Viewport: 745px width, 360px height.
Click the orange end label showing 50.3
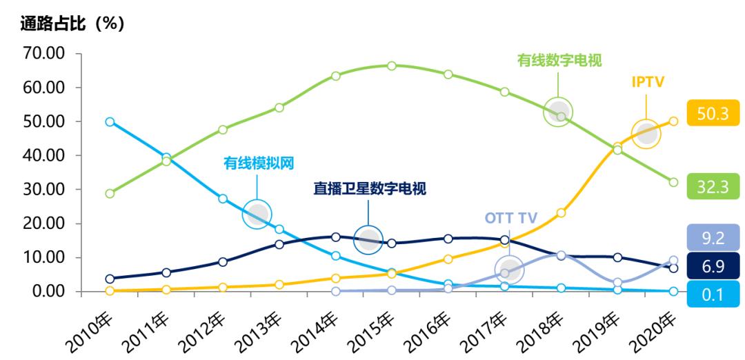point(713,113)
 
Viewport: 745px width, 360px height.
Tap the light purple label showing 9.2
point(713,239)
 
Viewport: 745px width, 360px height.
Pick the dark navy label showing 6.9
point(713,265)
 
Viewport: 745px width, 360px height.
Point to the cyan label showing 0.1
point(713,294)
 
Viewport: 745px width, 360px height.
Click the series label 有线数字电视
point(559,60)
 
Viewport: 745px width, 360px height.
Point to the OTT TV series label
point(511,218)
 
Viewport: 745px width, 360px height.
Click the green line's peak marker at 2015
point(391,66)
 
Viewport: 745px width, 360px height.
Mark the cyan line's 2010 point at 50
point(110,121)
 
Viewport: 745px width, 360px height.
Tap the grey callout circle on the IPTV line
point(646,134)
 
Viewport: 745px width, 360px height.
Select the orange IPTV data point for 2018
point(561,213)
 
